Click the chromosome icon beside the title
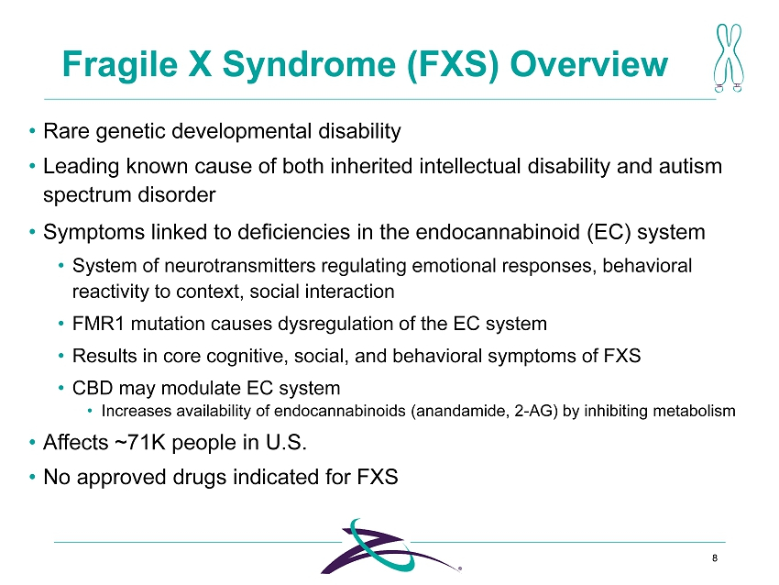point(729,58)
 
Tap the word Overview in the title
point(588,64)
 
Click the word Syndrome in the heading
point(309,65)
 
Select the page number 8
point(715,558)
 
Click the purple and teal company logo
point(390,546)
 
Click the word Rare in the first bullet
point(66,131)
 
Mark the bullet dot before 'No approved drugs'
point(32,477)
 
